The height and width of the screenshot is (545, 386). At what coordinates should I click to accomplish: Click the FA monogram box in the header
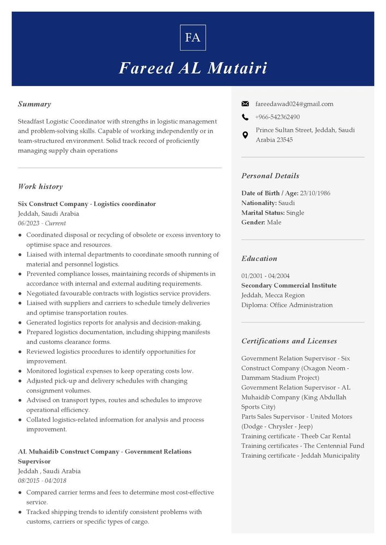coord(193,38)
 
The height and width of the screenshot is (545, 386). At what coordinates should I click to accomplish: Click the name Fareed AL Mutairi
coord(193,68)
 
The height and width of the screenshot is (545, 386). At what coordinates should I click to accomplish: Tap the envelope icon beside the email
coord(245,104)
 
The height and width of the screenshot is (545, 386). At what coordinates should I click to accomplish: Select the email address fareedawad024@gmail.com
coord(294,104)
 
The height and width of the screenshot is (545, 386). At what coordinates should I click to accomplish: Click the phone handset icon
coord(245,117)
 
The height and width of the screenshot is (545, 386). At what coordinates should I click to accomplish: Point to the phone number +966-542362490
coord(277,117)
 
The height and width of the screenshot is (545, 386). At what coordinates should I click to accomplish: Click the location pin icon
coord(245,135)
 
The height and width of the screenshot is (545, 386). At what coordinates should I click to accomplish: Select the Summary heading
coord(34,104)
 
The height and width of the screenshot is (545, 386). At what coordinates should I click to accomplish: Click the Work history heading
coord(40,186)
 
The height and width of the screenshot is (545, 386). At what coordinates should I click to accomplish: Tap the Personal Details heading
coord(270,176)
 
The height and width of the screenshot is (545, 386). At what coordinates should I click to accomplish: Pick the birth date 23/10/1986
coord(315,193)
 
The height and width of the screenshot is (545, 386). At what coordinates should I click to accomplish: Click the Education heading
coord(259,259)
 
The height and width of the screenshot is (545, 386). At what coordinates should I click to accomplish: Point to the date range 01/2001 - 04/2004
coord(265,276)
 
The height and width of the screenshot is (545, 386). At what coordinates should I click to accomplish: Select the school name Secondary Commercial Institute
coord(289,286)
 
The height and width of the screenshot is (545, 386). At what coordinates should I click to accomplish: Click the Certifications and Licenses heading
coord(289,341)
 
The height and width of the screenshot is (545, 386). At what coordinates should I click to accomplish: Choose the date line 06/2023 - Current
coord(42,223)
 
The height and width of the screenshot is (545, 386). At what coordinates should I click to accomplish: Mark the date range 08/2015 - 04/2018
coord(42,481)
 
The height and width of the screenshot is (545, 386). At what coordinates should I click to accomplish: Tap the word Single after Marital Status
coord(295,213)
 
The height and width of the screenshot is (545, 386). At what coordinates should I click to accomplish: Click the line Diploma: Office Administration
coord(287,305)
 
